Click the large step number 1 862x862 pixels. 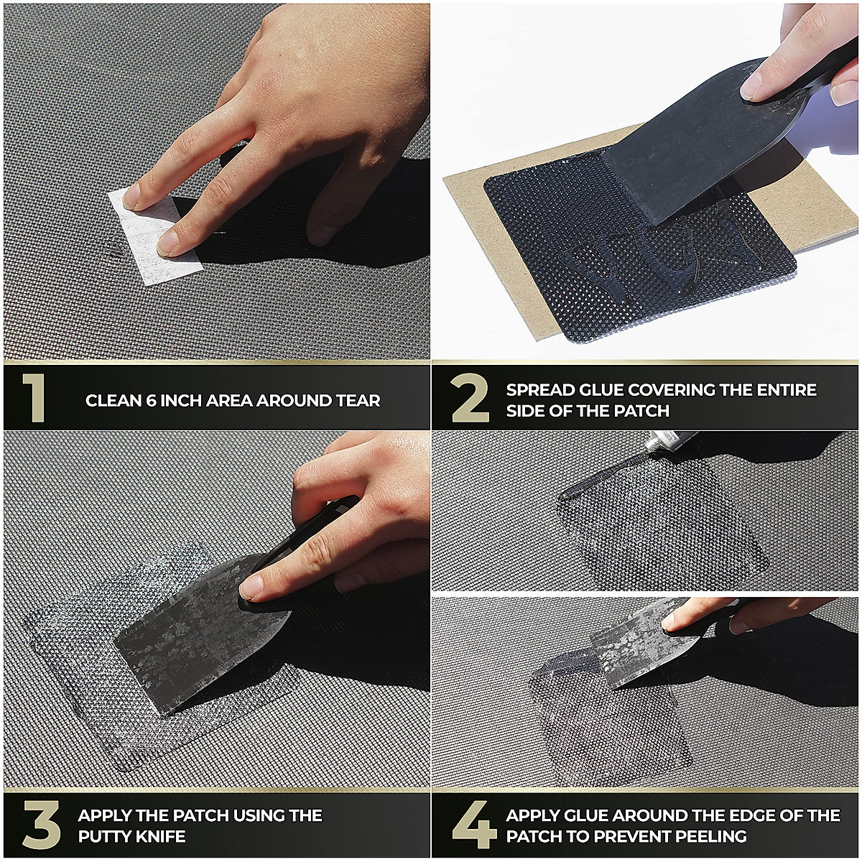[34, 398]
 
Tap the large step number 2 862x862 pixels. [470, 399]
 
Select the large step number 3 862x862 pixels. [41, 824]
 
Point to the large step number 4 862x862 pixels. [474, 824]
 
